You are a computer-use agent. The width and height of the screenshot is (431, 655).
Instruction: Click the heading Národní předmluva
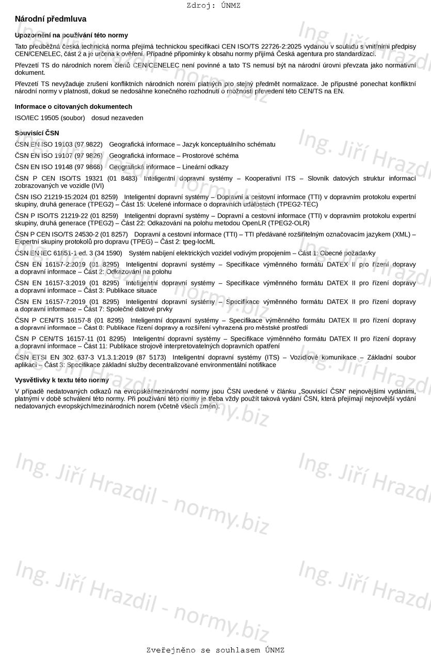point(51,19)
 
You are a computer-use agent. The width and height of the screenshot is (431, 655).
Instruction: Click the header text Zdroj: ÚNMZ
point(214,6)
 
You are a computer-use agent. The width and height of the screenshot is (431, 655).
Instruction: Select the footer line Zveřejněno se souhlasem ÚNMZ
point(215,650)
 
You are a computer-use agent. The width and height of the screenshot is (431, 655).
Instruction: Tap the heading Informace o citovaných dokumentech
point(73,106)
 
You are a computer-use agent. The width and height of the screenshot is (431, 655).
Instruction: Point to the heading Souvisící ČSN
point(37,133)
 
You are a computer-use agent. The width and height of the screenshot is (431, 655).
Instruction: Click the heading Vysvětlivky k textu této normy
point(62,380)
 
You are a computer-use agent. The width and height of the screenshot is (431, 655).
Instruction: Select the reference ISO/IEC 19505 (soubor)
point(50,118)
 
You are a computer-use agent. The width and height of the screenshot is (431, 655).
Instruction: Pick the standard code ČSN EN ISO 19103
point(44,145)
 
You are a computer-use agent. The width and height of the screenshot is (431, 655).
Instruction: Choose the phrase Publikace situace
point(132,291)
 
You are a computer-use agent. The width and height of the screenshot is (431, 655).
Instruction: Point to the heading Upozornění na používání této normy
point(71,35)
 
